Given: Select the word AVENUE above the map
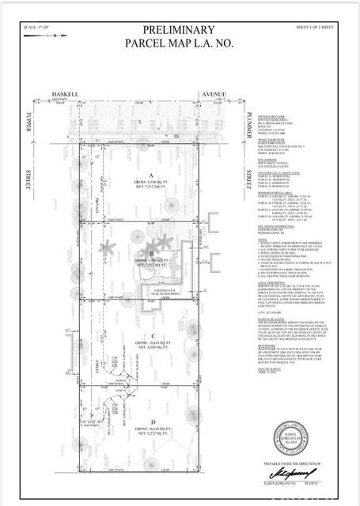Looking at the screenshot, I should coord(213,93).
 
